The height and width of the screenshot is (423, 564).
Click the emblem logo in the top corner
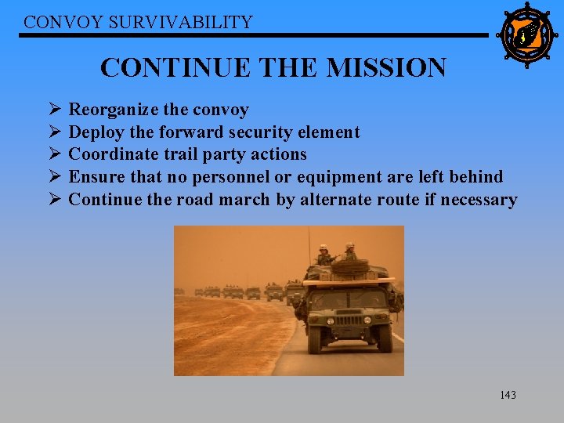(526, 34)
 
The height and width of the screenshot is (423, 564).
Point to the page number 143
(508, 396)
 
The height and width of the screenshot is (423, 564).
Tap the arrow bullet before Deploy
(54, 132)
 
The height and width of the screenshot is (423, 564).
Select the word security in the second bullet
(256, 132)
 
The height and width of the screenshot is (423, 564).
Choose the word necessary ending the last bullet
(479, 200)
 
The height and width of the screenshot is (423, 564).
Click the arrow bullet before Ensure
(54, 177)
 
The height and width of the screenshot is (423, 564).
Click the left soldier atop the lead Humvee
(324, 255)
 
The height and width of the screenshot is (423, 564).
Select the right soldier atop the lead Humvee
(349, 251)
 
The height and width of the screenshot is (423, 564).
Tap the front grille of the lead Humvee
(349, 320)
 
